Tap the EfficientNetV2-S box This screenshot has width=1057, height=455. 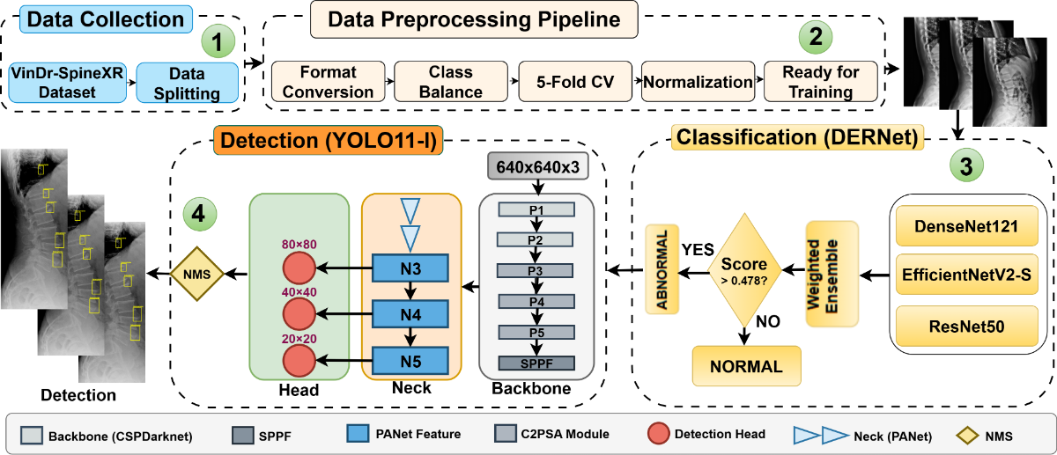[x=968, y=277]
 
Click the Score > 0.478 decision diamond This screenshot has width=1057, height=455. [x=744, y=273]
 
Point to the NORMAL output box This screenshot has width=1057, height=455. [x=747, y=367]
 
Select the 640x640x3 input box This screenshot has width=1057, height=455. [x=536, y=167]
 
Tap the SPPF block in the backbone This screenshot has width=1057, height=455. [x=536, y=363]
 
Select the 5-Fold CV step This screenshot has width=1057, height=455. [x=577, y=82]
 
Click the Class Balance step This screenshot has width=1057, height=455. [x=450, y=81]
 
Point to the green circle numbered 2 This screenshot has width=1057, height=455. [x=815, y=36]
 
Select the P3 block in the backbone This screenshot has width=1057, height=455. [x=536, y=270]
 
